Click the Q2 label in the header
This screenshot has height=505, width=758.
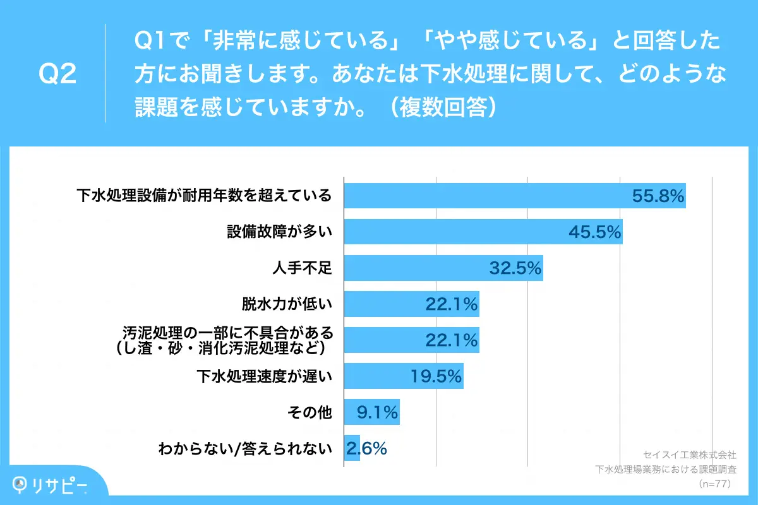tap(57, 74)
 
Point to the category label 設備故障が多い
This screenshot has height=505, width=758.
tap(279, 232)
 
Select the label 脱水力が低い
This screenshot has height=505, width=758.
tap(287, 306)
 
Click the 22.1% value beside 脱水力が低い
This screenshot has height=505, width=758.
tap(451, 305)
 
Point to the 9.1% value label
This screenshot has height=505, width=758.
tap(376, 413)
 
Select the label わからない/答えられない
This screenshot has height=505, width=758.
tap(245, 449)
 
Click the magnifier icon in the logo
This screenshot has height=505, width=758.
tap(21, 484)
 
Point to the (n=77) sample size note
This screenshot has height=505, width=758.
tap(714, 484)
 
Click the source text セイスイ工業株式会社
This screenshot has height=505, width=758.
tap(690, 454)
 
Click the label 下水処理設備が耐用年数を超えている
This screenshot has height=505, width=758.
tap(204, 196)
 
